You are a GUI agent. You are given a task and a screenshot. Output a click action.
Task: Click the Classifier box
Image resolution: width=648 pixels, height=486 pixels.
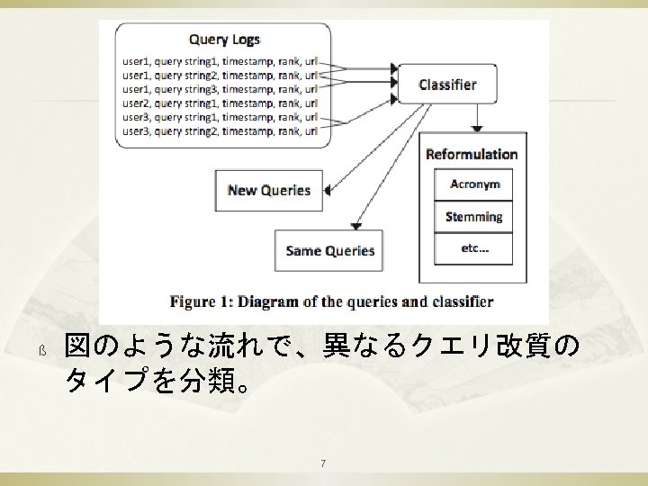tap(447, 85)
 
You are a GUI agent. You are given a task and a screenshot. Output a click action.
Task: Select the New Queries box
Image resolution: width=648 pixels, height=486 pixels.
tap(269, 190)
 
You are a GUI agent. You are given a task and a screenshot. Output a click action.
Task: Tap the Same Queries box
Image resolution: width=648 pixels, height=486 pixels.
tap(329, 250)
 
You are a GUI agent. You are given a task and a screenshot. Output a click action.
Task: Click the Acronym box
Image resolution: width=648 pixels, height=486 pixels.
tap(474, 185)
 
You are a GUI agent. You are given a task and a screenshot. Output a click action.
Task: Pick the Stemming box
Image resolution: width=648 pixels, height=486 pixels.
tap(474, 217)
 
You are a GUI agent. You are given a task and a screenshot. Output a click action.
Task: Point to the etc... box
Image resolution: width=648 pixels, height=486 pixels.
tap(474, 247)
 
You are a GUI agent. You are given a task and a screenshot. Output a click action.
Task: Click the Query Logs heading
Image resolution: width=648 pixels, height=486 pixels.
tap(224, 40)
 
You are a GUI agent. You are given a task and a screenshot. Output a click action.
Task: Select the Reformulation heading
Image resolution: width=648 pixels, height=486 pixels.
tap(472, 154)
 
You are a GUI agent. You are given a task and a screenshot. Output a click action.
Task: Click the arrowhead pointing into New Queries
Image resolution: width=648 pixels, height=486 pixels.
tap(328, 190)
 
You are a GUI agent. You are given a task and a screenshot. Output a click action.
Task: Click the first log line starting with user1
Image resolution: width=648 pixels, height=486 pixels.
tap(220, 60)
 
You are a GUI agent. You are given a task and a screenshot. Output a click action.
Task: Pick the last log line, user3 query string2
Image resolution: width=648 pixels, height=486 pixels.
tap(220, 130)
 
